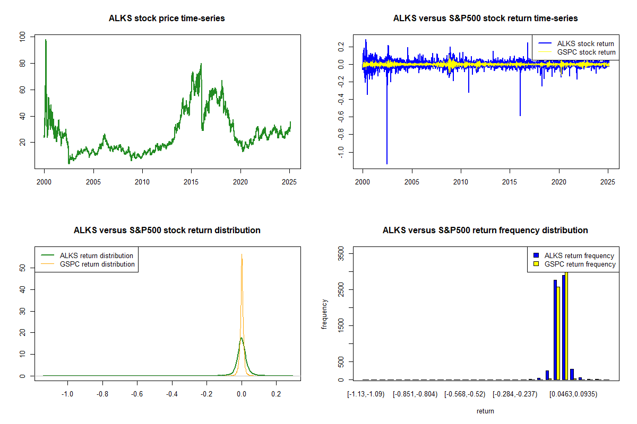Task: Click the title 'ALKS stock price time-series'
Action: point(167,19)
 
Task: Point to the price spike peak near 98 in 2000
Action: point(46,40)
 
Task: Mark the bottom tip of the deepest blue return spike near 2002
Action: point(387,164)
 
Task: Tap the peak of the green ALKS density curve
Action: point(242,338)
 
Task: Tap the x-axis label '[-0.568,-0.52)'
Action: point(466,395)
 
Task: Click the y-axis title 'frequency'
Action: point(325,314)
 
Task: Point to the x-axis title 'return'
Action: point(485,411)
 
